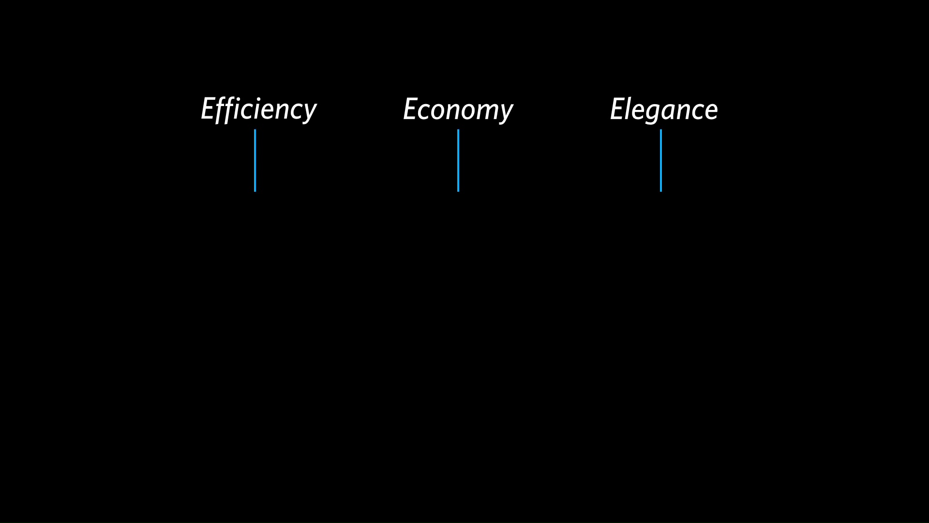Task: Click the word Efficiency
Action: (259, 109)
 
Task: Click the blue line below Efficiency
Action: (255, 160)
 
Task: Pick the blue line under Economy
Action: (458, 160)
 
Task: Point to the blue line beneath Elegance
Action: (661, 160)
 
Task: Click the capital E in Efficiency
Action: (208, 108)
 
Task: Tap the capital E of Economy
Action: (410, 109)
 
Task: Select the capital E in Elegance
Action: (617, 109)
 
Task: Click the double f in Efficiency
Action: (227, 109)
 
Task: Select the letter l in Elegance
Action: (630, 108)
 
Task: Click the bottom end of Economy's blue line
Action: (458, 191)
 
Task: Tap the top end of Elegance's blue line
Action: (661, 130)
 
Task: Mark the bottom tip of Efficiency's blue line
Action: (255, 191)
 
